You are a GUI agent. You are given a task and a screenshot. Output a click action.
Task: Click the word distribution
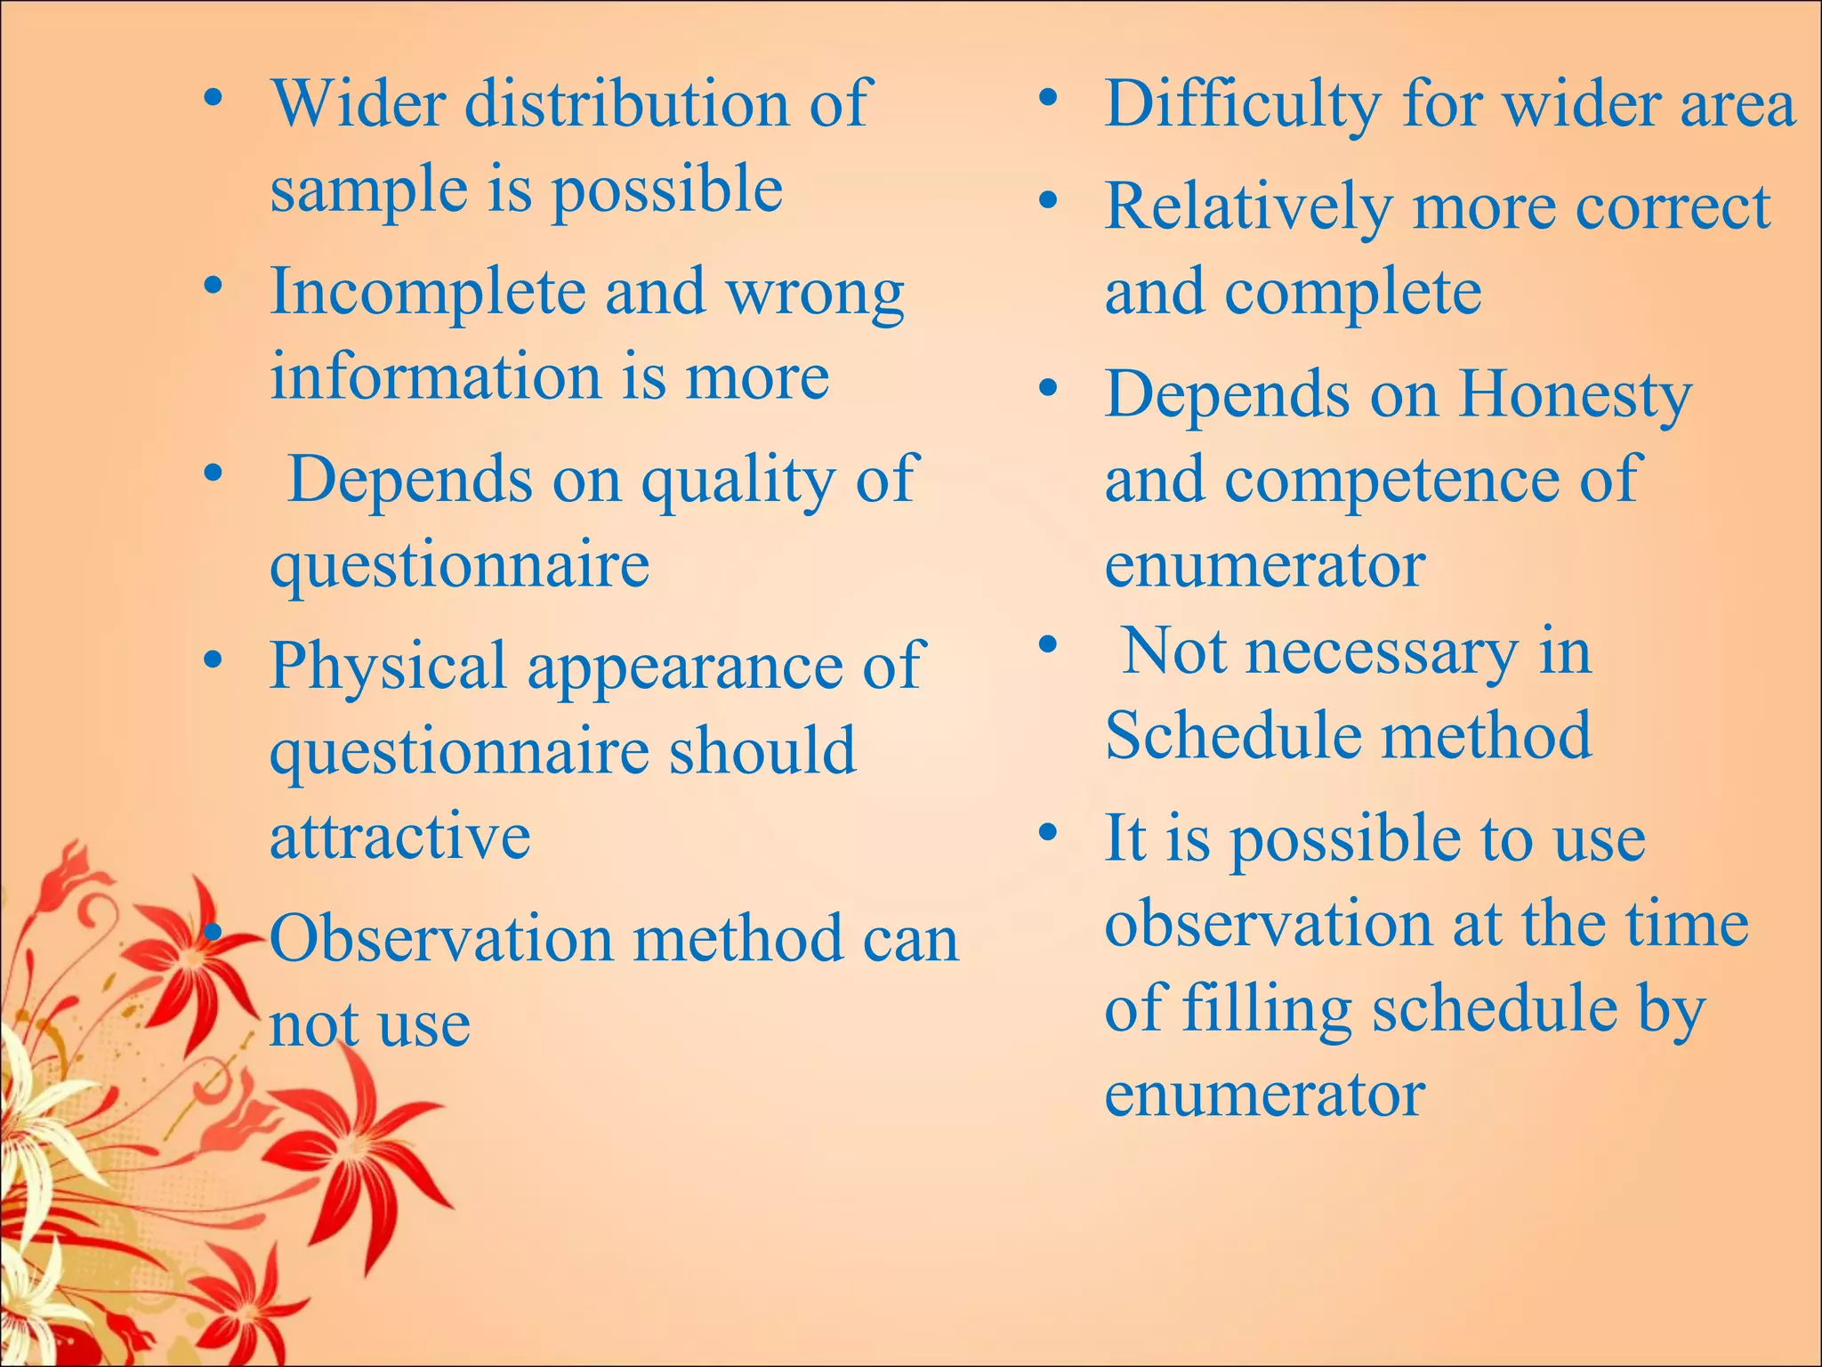coord(626,104)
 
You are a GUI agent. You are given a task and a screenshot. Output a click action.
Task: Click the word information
coord(435,376)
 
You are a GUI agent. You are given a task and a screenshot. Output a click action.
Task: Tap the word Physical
coord(388,666)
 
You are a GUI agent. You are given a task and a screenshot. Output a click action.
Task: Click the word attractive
coord(400,836)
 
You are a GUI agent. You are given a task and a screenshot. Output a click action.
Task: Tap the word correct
coord(1673,206)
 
